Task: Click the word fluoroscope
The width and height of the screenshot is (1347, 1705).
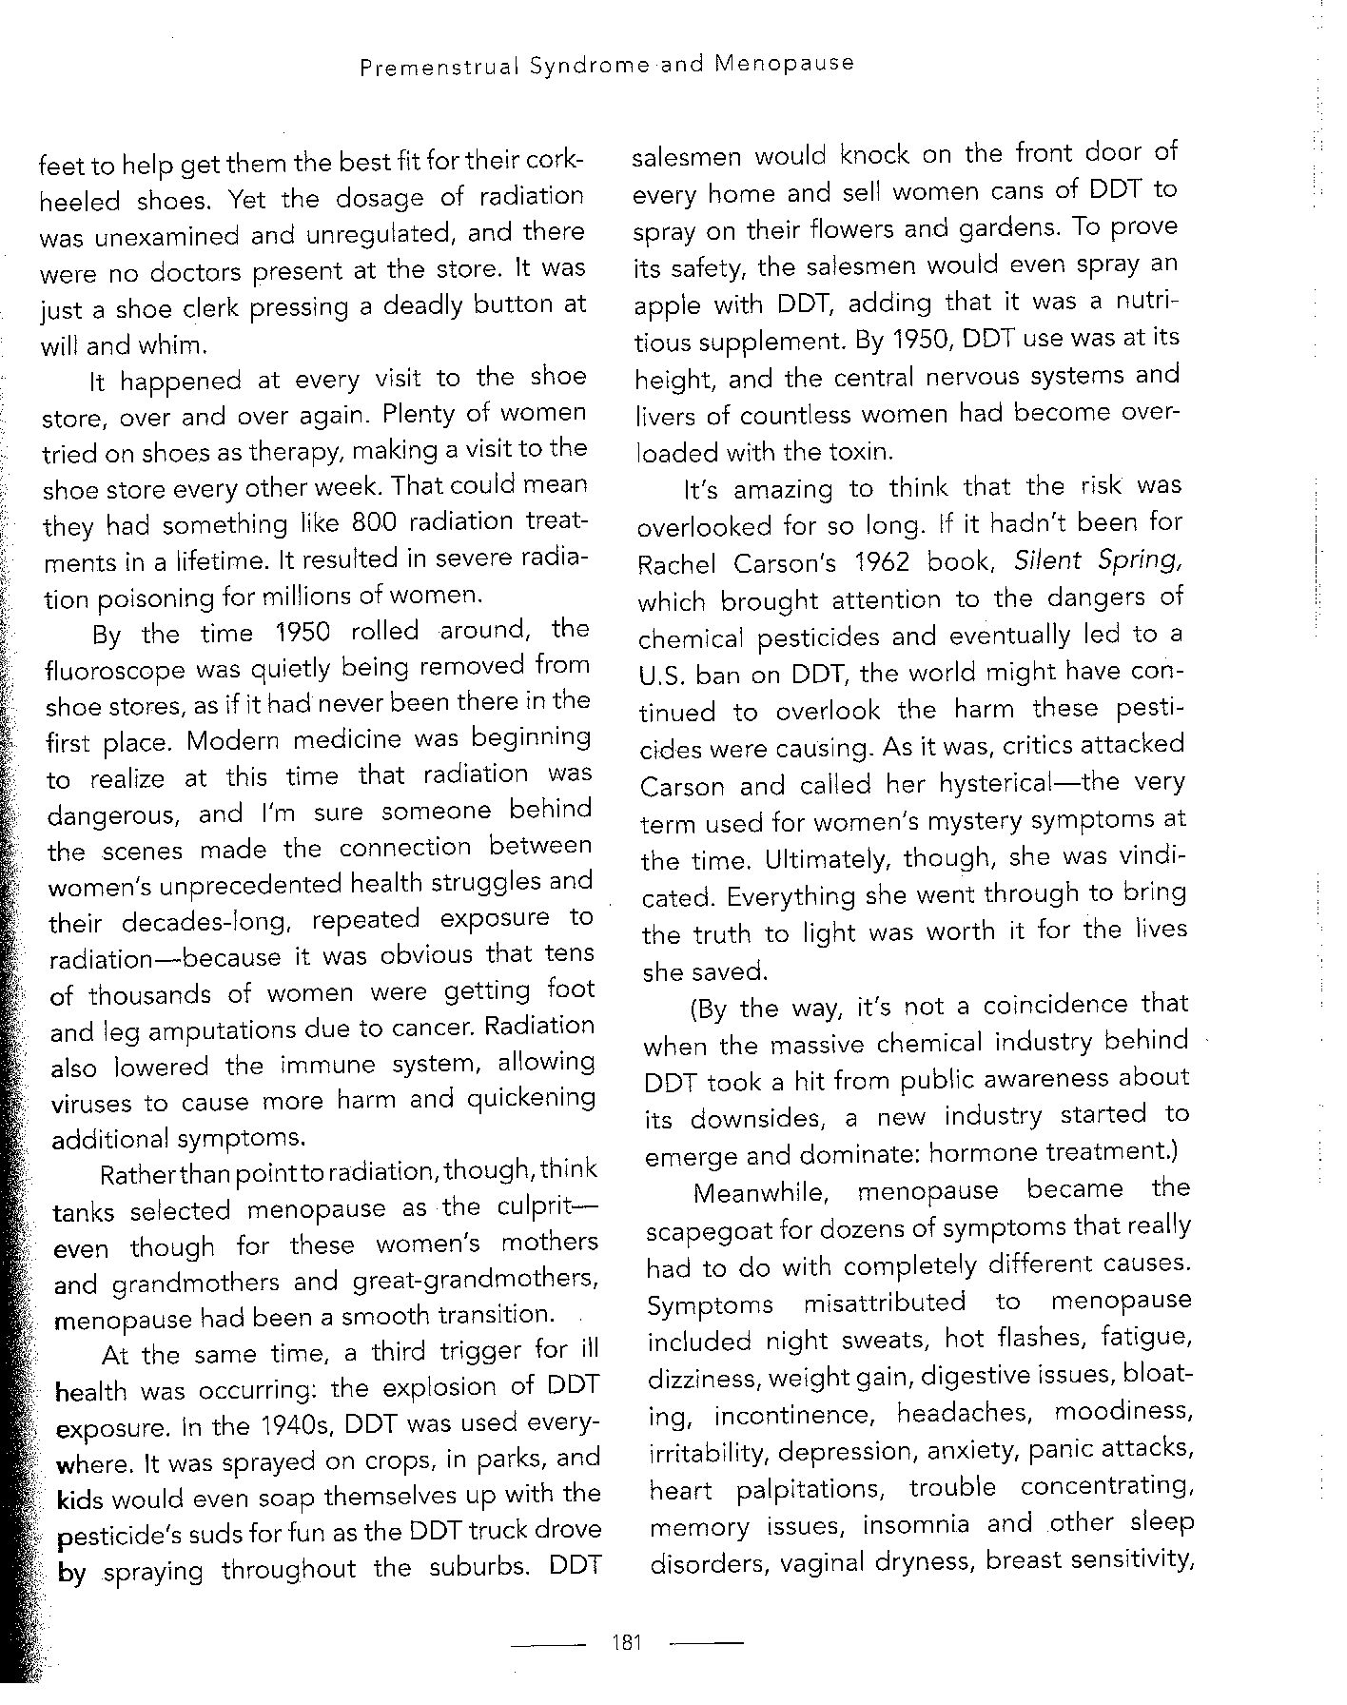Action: (115, 670)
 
